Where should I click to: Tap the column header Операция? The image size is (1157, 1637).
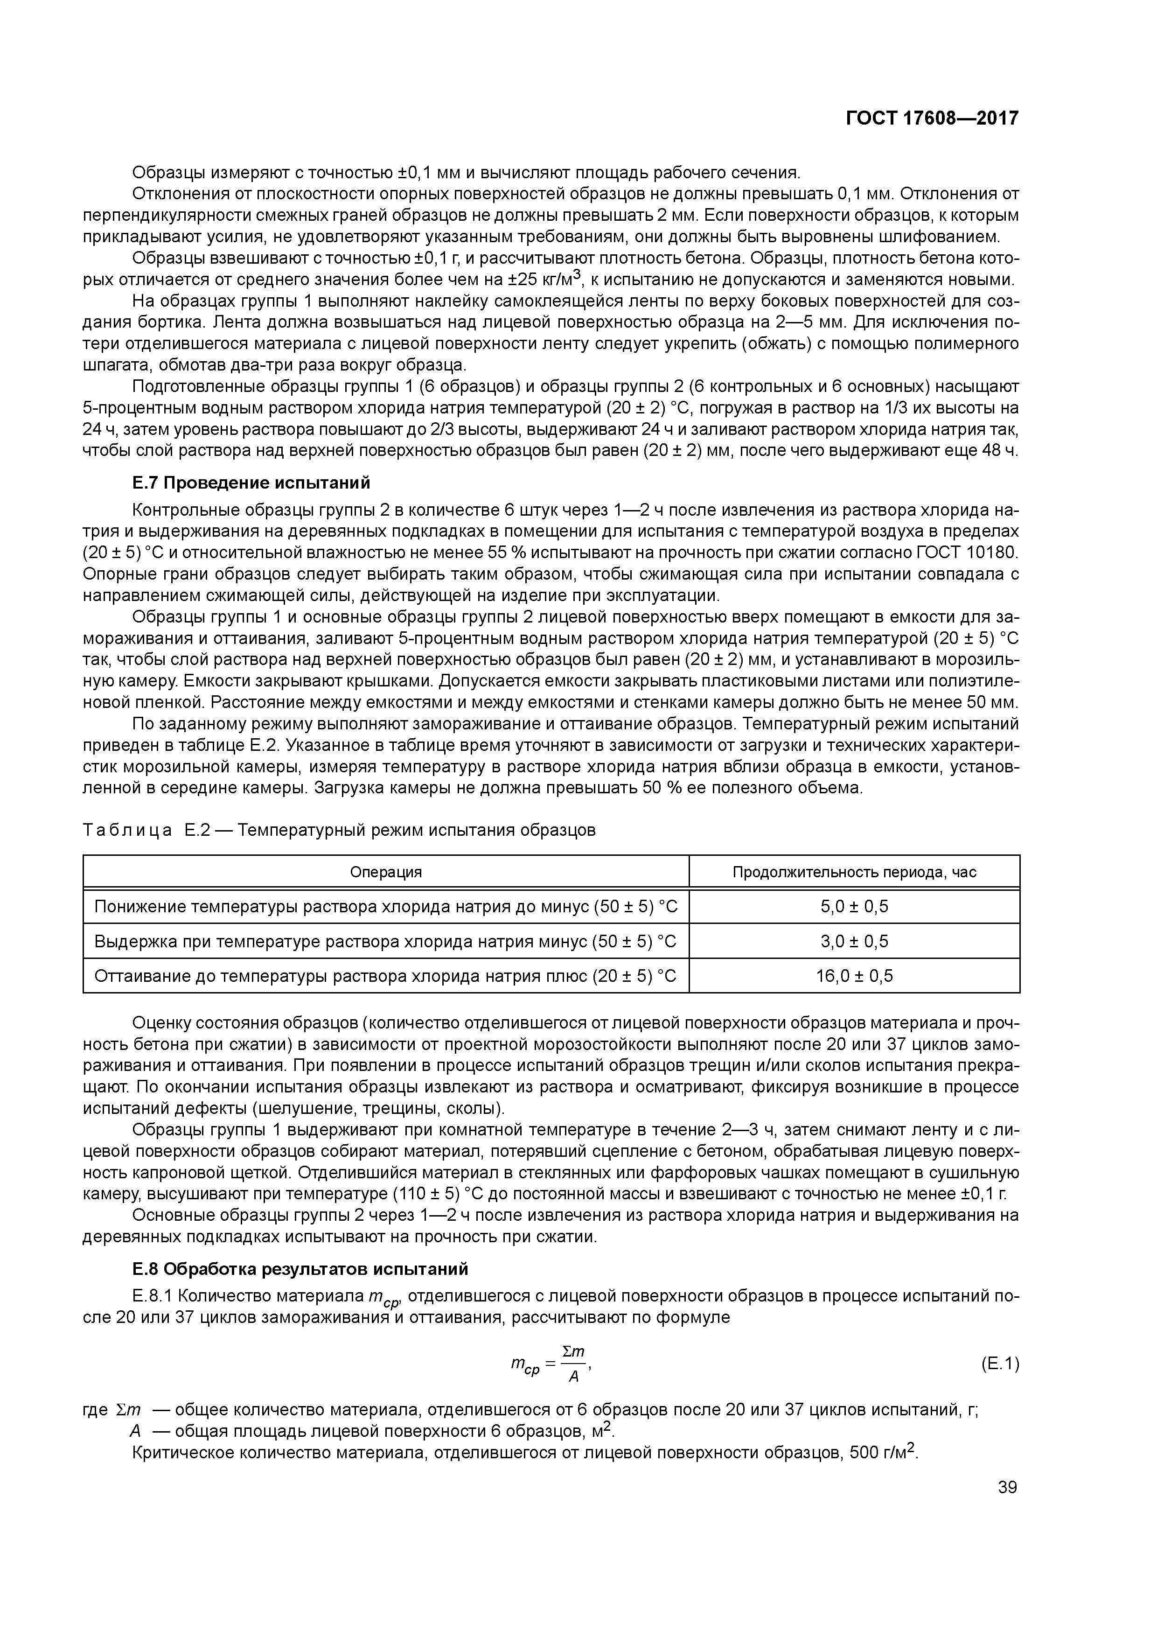(386, 872)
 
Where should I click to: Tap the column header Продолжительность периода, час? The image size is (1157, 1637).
(854, 872)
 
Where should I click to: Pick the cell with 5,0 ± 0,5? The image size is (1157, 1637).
(854, 907)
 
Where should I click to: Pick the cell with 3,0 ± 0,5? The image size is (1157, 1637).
(854, 941)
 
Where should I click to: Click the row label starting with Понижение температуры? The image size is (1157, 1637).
(386, 907)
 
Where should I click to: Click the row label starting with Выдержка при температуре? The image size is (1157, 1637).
(386, 941)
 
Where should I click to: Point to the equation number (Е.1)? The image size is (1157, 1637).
(999, 1364)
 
